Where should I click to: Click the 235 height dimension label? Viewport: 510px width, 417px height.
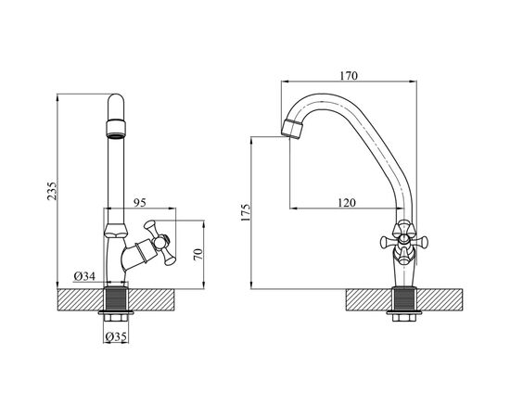(52, 191)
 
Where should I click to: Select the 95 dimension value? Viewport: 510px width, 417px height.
(140, 203)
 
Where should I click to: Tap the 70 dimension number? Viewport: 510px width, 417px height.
(198, 254)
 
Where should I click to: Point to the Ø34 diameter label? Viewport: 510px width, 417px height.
(84, 276)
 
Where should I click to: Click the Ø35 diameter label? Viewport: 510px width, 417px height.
(116, 336)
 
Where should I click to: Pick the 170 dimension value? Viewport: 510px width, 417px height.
(349, 76)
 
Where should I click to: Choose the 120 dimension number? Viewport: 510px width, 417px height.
(347, 203)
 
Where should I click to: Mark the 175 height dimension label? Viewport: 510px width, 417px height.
(246, 213)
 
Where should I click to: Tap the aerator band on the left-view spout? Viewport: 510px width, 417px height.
(116, 129)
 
